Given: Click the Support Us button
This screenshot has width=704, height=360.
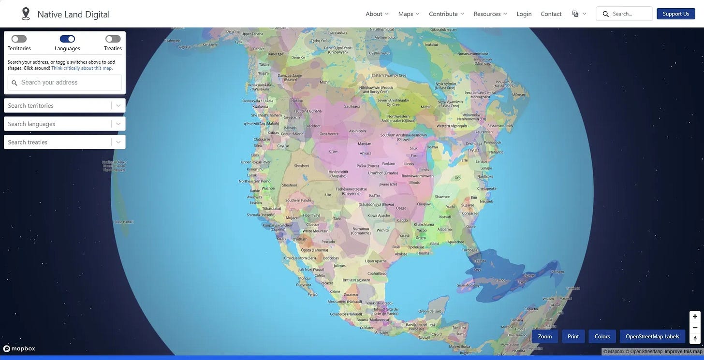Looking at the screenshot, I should (675, 14).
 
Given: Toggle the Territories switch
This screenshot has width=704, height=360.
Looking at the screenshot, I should (19, 39).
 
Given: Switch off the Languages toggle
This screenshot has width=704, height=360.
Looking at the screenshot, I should (67, 39).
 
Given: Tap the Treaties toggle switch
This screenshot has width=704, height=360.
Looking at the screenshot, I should (113, 39).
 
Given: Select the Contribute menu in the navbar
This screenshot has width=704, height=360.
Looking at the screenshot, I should (446, 14).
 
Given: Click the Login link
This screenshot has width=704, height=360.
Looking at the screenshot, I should (524, 14).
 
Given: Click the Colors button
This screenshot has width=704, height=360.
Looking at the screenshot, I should (602, 336).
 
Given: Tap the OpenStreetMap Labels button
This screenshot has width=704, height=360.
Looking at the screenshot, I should (652, 336).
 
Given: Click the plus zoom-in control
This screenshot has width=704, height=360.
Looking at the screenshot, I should (695, 317).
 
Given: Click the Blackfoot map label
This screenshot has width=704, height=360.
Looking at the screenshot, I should (313, 126).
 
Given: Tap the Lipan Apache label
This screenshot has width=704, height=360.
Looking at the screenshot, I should (376, 261).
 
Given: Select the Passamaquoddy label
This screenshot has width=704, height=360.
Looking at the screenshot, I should (500, 125).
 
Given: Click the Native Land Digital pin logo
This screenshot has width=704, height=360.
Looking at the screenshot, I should (26, 14).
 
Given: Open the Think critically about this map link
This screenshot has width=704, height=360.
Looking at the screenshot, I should (82, 68).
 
